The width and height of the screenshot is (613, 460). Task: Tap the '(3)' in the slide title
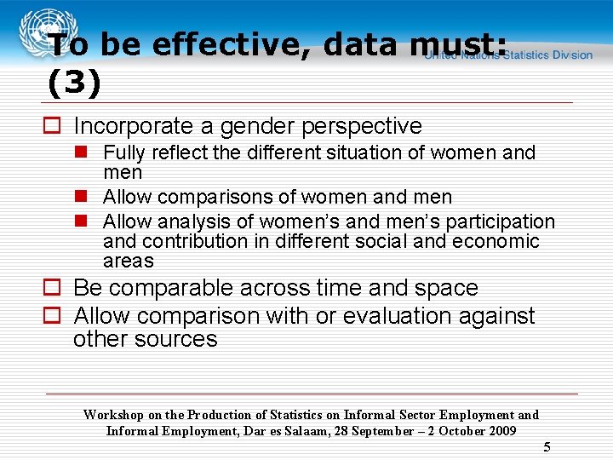coord(74,83)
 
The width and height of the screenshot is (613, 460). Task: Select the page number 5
coord(547,448)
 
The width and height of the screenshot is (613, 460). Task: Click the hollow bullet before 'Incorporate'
coord(53,126)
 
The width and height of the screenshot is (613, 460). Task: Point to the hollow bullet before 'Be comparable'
coord(53,289)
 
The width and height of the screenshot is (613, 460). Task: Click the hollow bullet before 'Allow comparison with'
coord(53,316)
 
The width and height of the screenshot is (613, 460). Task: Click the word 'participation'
coord(502,222)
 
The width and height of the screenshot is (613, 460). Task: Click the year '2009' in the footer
coord(500,431)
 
